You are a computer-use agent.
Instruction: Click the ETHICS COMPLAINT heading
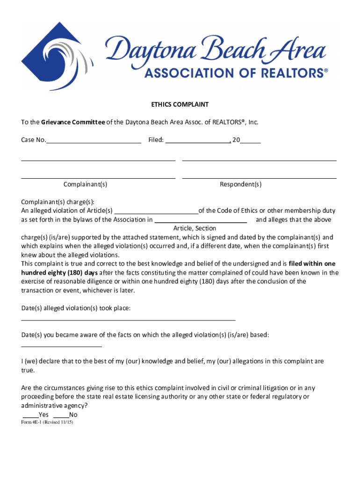[180, 105]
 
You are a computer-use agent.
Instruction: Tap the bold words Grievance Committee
[73, 122]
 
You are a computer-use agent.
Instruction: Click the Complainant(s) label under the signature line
[86, 184]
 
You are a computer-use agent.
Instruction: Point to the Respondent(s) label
[241, 184]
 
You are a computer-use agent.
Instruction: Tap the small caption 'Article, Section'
[194, 228]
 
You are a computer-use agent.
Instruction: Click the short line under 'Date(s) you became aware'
[61, 346]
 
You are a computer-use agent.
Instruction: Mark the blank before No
[61, 415]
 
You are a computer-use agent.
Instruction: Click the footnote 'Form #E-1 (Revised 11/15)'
[47, 422]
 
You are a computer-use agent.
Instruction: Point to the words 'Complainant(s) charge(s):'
[58, 202]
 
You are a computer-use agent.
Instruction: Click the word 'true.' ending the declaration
[28, 370]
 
